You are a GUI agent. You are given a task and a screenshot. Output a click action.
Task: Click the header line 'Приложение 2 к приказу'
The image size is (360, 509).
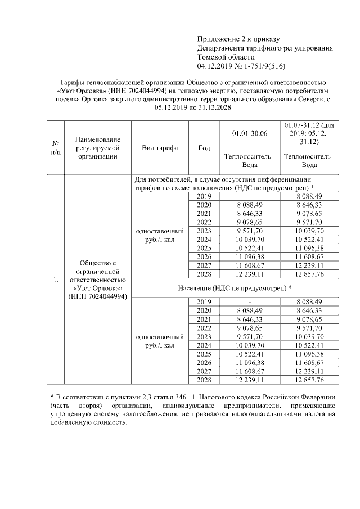(x=238, y=39)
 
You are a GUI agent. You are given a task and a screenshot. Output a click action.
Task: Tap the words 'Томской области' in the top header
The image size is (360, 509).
(x=226, y=57)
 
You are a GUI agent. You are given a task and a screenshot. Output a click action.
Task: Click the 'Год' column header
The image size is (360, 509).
(x=204, y=148)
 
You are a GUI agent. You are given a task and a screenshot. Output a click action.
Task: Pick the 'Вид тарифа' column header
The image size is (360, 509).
(x=160, y=148)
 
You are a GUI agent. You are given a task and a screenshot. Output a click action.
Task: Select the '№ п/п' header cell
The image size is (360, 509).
(x=56, y=148)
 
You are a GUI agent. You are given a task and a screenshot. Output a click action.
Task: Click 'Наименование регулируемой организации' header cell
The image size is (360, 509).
(x=97, y=148)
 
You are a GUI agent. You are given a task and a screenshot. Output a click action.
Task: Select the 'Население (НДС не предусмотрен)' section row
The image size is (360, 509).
(x=233, y=288)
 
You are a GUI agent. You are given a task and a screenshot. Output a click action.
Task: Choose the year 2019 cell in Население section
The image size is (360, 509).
(x=204, y=302)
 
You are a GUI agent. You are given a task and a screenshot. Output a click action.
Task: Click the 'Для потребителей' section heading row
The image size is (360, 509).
(x=233, y=183)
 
